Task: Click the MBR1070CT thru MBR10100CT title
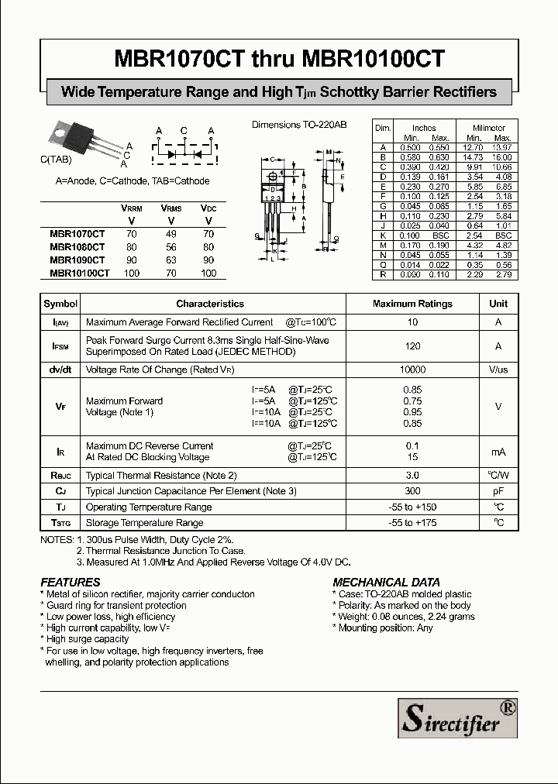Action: pyautogui.click(x=279, y=59)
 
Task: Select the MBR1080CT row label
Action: pyautogui.click(x=77, y=247)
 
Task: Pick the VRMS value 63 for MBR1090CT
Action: pyautogui.click(x=170, y=260)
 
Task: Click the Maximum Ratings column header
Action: pyautogui.click(x=412, y=304)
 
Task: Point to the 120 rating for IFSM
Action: pyautogui.click(x=412, y=346)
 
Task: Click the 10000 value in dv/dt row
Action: pyautogui.click(x=412, y=370)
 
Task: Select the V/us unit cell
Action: pyautogui.click(x=498, y=370)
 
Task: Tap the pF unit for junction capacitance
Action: pyautogui.click(x=498, y=491)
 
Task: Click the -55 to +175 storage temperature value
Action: pyautogui.click(x=412, y=523)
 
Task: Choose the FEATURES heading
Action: pyautogui.click(x=71, y=582)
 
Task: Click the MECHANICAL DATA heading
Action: pyautogui.click(x=386, y=582)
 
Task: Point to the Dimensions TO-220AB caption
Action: pyautogui.click(x=299, y=125)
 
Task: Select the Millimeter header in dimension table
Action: pyautogui.click(x=488, y=128)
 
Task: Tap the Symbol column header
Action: pyautogui.click(x=60, y=304)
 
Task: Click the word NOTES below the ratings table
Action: pyautogui.click(x=57, y=539)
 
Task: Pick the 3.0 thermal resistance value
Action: pyautogui.click(x=412, y=475)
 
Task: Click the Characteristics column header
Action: pyautogui.click(x=210, y=304)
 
